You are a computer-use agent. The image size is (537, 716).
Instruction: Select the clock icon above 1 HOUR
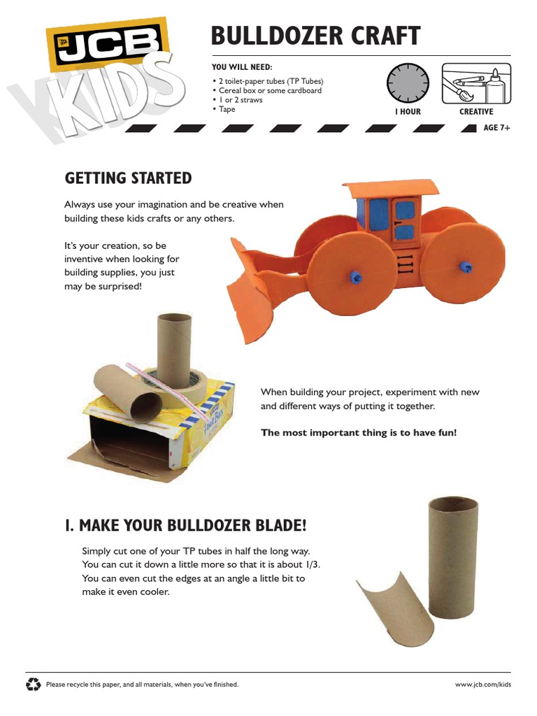click(406, 83)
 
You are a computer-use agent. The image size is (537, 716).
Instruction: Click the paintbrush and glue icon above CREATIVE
click(476, 83)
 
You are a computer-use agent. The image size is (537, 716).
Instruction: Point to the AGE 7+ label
click(497, 128)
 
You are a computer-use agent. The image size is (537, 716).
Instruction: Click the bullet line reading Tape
click(227, 109)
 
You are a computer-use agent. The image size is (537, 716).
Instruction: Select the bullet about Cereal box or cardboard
click(268, 90)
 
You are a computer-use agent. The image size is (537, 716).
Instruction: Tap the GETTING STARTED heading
click(128, 178)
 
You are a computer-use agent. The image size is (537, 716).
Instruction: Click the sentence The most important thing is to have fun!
click(358, 433)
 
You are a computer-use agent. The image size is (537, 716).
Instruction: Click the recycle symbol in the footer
click(33, 684)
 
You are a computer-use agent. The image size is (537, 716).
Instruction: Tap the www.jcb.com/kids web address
click(483, 685)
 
